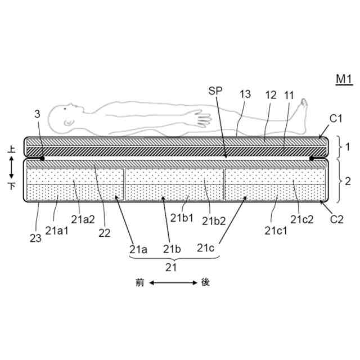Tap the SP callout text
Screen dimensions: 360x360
click(x=215, y=90)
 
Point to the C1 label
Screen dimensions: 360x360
click(x=336, y=118)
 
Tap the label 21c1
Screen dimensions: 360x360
click(x=274, y=229)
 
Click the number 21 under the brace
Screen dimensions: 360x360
click(x=171, y=267)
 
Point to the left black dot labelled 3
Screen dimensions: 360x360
click(x=43, y=159)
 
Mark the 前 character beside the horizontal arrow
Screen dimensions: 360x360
click(x=139, y=283)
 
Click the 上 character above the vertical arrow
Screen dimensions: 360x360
click(x=11, y=149)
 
